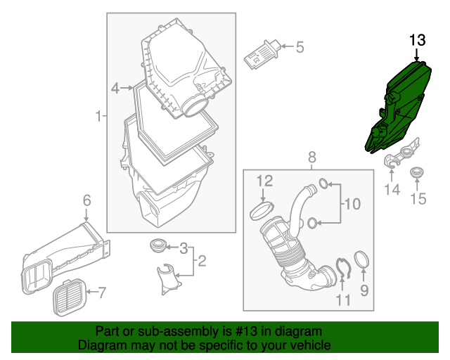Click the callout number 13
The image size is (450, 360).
418,39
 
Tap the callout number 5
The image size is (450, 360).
299,48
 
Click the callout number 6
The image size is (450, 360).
86,201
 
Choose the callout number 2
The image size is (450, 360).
201,262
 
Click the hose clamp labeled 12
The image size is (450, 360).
263,210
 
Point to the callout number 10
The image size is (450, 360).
351,205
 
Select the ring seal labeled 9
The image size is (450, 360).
363,259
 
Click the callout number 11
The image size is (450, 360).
342,300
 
